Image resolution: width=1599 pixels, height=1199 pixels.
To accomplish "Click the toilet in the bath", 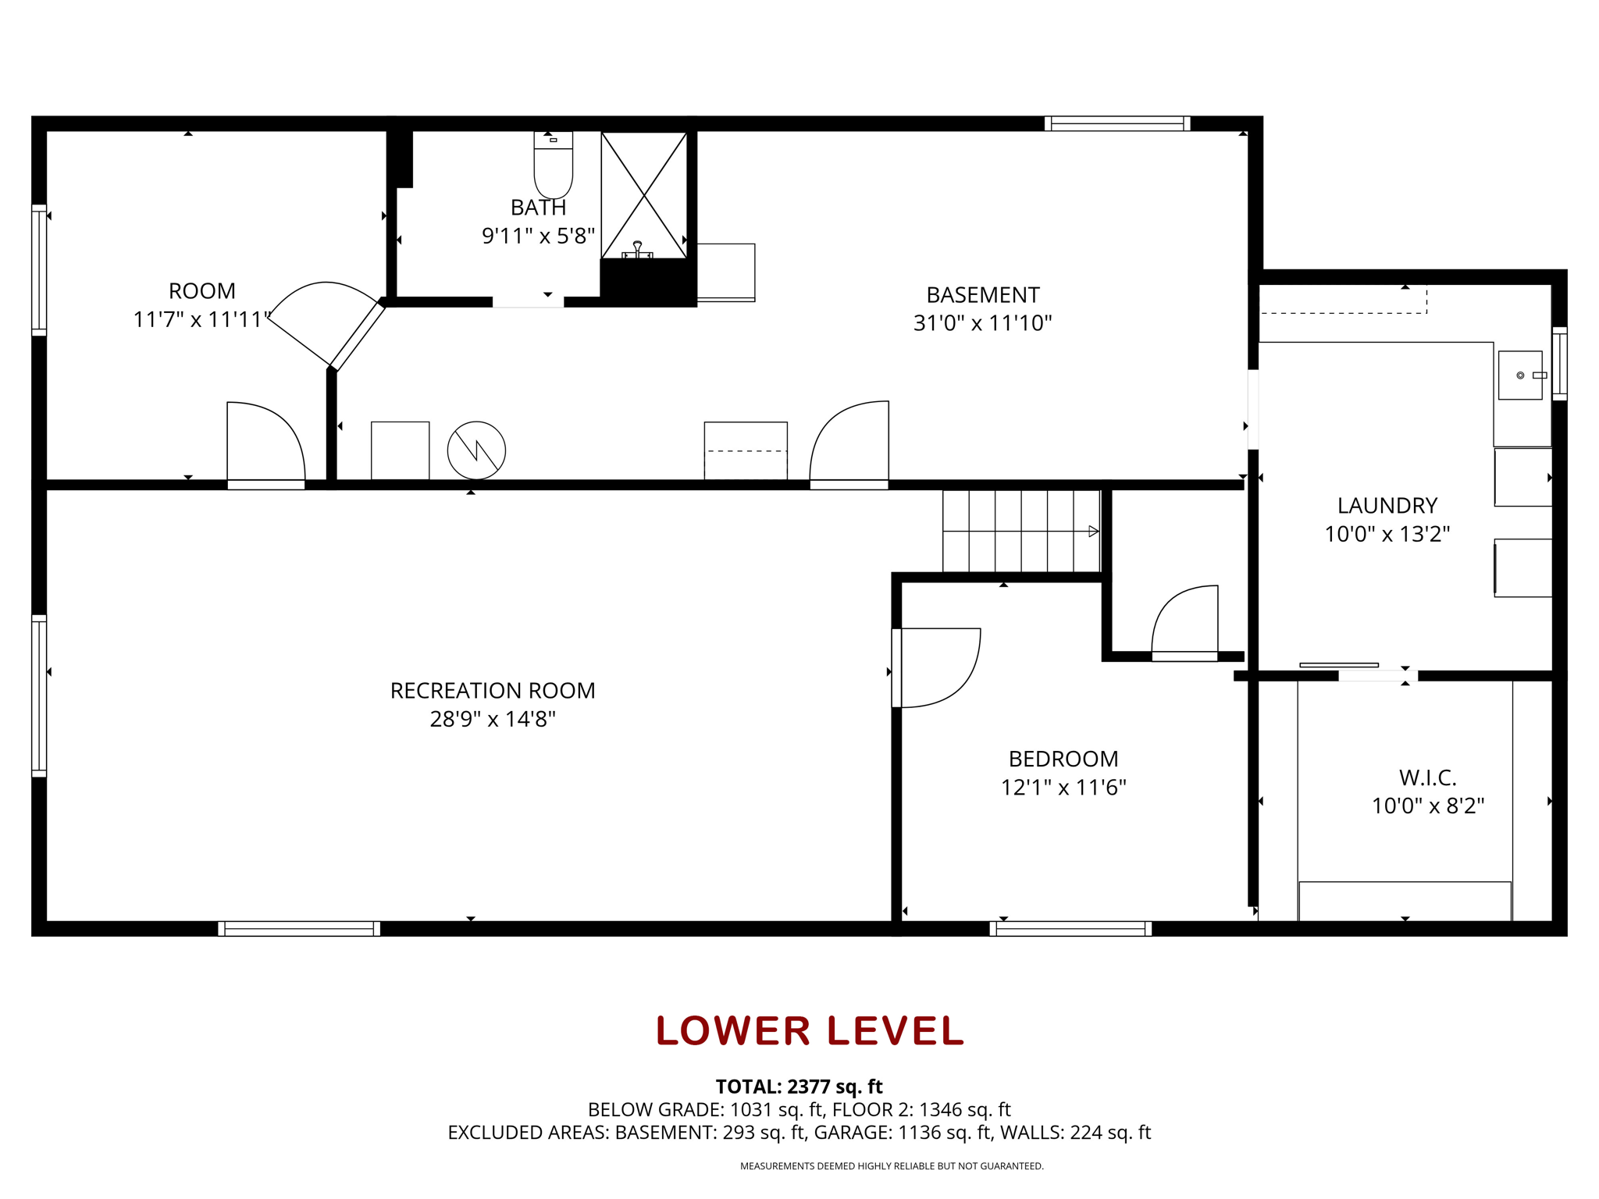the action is [553, 165].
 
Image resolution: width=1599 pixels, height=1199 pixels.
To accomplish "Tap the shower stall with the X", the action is [644, 195].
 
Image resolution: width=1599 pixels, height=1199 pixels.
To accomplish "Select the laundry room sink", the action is [1520, 375].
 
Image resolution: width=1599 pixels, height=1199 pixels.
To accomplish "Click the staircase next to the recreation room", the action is [1021, 531].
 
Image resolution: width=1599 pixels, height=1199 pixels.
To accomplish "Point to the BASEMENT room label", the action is [983, 295].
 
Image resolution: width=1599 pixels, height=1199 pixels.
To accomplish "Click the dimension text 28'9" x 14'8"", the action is [493, 719].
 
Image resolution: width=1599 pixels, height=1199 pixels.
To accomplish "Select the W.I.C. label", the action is [1427, 777].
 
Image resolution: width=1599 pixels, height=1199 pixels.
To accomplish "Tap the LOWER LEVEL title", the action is [810, 1030].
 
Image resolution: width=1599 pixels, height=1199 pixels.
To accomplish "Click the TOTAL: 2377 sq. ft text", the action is [799, 1087].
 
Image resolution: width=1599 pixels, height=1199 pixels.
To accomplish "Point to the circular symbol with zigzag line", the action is [476, 450].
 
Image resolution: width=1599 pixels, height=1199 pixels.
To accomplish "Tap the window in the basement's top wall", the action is [1117, 123].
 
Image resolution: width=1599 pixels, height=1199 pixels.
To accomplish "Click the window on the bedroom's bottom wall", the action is [1070, 929].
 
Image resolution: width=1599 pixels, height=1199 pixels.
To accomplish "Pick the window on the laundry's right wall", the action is [1559, 364].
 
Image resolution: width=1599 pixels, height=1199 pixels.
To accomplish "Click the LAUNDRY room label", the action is [1387, 506].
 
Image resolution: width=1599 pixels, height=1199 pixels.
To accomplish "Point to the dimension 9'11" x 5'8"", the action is [539, 236].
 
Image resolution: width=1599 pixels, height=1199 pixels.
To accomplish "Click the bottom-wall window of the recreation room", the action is [299, 929].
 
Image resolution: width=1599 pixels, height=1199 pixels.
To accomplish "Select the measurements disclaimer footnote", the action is [892, 1166].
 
